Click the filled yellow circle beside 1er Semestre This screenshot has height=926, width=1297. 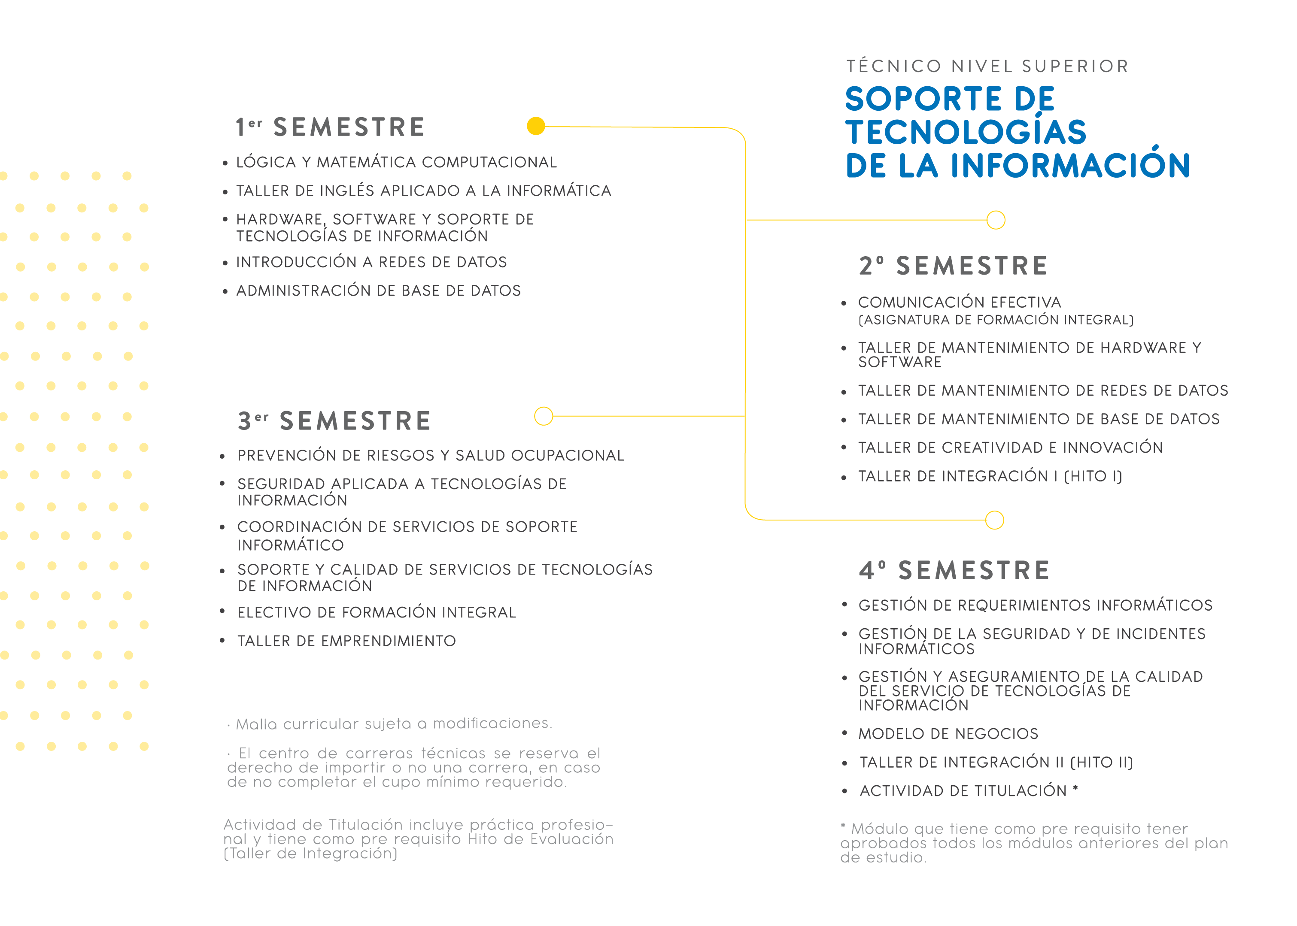(x=535, y=126)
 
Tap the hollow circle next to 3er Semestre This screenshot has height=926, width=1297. (x=544, y=416)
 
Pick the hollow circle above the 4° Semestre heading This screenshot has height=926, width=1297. (x=994, y=520)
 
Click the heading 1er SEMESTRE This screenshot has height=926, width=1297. (x=331, y=127)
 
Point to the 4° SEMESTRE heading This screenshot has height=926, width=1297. (x=954, y=570)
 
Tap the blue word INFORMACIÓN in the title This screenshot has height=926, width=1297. (x=1069, y=166)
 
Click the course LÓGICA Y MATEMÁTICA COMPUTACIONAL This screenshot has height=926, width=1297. (x=396, y=163)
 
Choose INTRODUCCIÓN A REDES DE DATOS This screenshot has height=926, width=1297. (x=371, y=262)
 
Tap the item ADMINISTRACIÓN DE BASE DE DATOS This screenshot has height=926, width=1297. (x=378, y=291)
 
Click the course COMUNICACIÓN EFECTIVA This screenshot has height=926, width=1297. (x=960, y=302)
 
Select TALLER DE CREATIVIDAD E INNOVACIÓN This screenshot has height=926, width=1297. (x=1010, y=448)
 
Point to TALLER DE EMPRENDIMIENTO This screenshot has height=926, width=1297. (x=346, y=641)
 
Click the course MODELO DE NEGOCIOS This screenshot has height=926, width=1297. (x=948, y=734)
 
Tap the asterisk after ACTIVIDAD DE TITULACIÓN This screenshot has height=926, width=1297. (x=1075, y=789)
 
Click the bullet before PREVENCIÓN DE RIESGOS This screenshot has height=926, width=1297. (x=222, y=456)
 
